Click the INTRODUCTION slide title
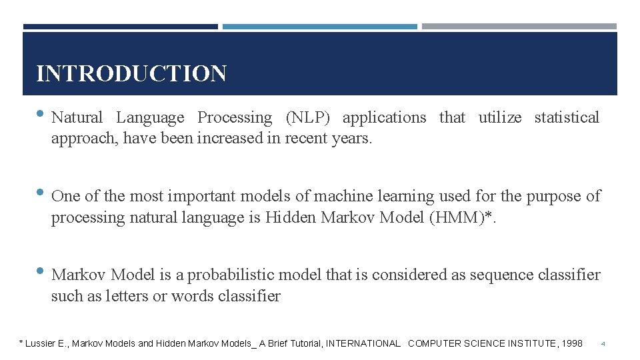tap(131, 73)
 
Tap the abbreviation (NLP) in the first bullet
tap(307, 118)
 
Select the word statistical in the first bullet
tap(567, 118)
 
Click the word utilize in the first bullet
tap(500, 118)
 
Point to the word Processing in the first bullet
tap(235, 118)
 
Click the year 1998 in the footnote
tap(572, 343)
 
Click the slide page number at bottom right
tap(603, 344)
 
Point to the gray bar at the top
tap(519, 27)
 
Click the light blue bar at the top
tap(319, 27)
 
